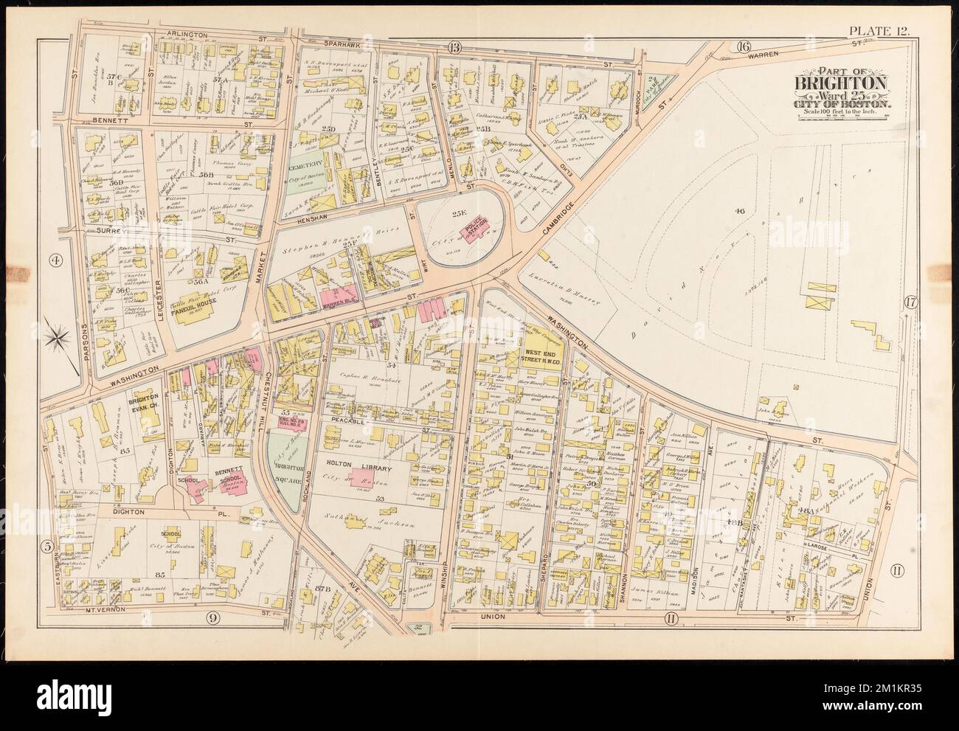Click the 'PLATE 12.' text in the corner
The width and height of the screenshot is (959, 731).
(882, 30)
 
